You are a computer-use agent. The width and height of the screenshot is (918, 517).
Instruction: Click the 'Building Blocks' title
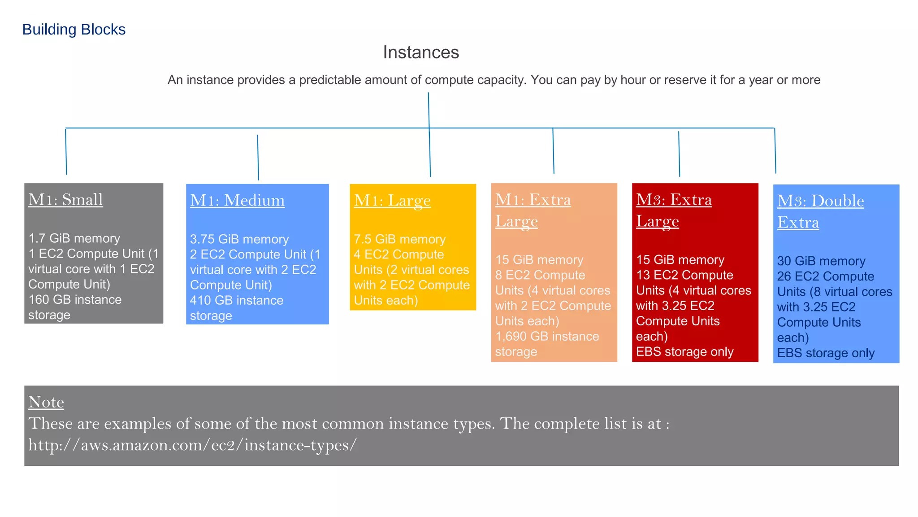click(74, 30)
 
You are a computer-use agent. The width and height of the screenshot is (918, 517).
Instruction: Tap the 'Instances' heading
click(421, 53)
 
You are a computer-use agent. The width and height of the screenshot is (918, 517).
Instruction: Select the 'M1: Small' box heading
click(66, 200)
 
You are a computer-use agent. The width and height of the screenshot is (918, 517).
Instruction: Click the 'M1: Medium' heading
click(237, 201)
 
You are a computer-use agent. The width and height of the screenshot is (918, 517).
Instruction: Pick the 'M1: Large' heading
click(392, 201)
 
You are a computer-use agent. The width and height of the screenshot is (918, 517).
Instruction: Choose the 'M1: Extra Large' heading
click(533, 210)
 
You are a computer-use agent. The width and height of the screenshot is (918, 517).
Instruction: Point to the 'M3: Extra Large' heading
click(674, 210)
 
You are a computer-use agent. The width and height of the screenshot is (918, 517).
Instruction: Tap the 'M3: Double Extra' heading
click(820, 211)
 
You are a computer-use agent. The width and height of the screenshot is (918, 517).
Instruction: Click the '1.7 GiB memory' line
click(74, 238)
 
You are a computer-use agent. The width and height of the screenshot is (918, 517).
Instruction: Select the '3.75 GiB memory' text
click(239, 239)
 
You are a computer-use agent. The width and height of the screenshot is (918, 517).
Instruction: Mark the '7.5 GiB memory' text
click(400, 239)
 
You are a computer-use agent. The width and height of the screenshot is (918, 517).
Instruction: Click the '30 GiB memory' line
click(821, 261)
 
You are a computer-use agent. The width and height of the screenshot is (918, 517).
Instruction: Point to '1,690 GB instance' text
click(547, 337)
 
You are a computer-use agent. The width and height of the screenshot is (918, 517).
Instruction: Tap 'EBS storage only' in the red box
click(684, 352)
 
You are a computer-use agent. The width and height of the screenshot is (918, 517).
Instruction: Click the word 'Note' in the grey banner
click(46, 402)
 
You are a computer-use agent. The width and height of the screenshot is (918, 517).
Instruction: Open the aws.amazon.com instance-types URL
click(193, 445)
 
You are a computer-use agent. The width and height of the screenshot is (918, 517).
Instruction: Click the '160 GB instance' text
click(75, 300)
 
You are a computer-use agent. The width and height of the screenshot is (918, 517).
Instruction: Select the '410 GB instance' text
click(237, 301)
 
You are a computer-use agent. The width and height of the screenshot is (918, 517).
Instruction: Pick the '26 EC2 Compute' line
click(825, 276)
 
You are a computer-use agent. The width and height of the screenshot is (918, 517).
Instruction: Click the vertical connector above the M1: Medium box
click(258, 157)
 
